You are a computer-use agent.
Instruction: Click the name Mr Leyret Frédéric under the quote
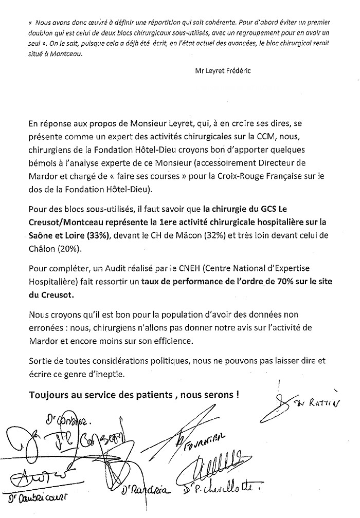[x=223, y=70]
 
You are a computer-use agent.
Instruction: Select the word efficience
[x=157, y=340]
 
